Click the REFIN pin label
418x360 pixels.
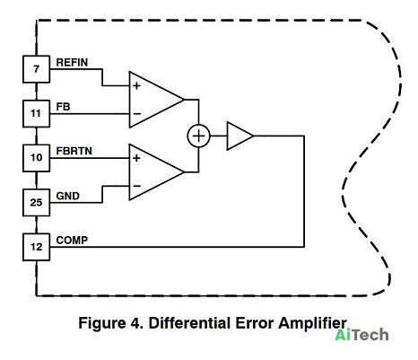72,63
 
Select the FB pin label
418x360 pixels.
63,107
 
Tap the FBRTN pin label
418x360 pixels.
74,151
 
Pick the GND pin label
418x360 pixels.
68,196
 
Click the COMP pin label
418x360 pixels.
72,241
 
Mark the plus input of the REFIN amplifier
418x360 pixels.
136,86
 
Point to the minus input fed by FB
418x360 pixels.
137,114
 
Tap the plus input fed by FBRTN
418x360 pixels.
136,158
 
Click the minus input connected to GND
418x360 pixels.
137,186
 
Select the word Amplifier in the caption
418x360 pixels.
312,324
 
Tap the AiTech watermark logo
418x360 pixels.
361,335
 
